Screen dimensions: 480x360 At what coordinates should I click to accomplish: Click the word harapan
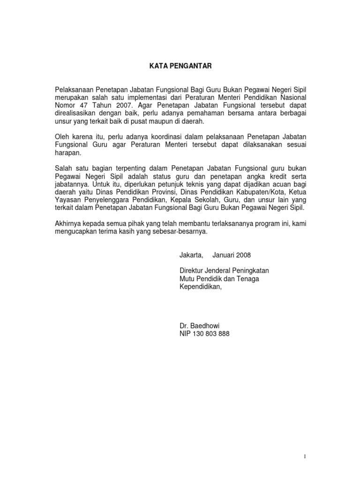[x=68, y=153]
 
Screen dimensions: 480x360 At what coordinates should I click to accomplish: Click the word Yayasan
[x=68, y=200]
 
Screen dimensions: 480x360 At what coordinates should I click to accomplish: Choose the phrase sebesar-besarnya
[x=180, y=232]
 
